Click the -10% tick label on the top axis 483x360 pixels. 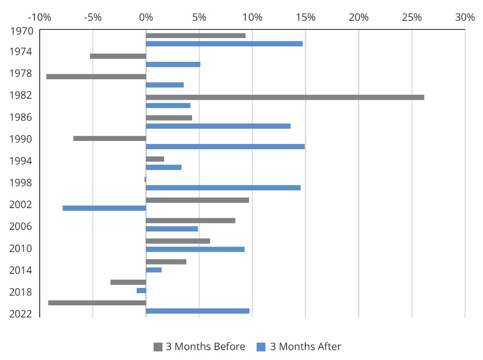(x=39, y=17)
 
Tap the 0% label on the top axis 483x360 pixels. (x=146, y=17)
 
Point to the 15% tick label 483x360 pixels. (x=305, y=17)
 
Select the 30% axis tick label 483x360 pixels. (x=465, y=17)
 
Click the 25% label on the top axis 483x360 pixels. (x=412, y=17)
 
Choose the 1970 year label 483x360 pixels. (x=22, y=31)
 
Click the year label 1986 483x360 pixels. (x=21, y=117)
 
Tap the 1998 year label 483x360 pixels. (x=21, y=183)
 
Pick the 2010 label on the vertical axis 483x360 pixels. (x=21, y=248)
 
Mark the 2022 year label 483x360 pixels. (x=21, y=314)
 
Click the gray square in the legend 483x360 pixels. (x=158, y=347)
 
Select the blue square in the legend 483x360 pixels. (x=261, y=347)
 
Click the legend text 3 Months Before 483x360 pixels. (x=205, y=346)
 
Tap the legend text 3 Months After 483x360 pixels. (x=305, y=346)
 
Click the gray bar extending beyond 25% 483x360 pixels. (x=285, y=97)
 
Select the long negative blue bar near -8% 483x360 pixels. (x=104, y=208)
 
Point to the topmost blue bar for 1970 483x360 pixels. (x=224, y=44)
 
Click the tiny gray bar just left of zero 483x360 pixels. (x=145, y=179)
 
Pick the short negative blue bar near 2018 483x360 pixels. (x=141, y=290)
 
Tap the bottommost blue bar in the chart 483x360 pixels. (x=197, y=311)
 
